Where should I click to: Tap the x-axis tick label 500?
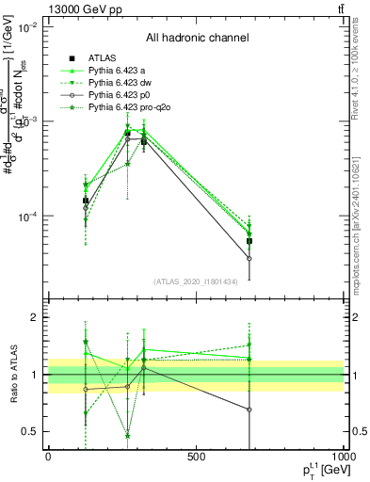pyautogui.click(x=196, y=458)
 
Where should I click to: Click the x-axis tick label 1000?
pyautogui.click(x=342, y=458)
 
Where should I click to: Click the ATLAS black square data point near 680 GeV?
pyautogui.click(x=249, y=241)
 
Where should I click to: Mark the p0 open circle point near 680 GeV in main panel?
pyautogui.click(x=249, y=258)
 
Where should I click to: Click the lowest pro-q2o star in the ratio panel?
pyautogui.click(x=127, y=435)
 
